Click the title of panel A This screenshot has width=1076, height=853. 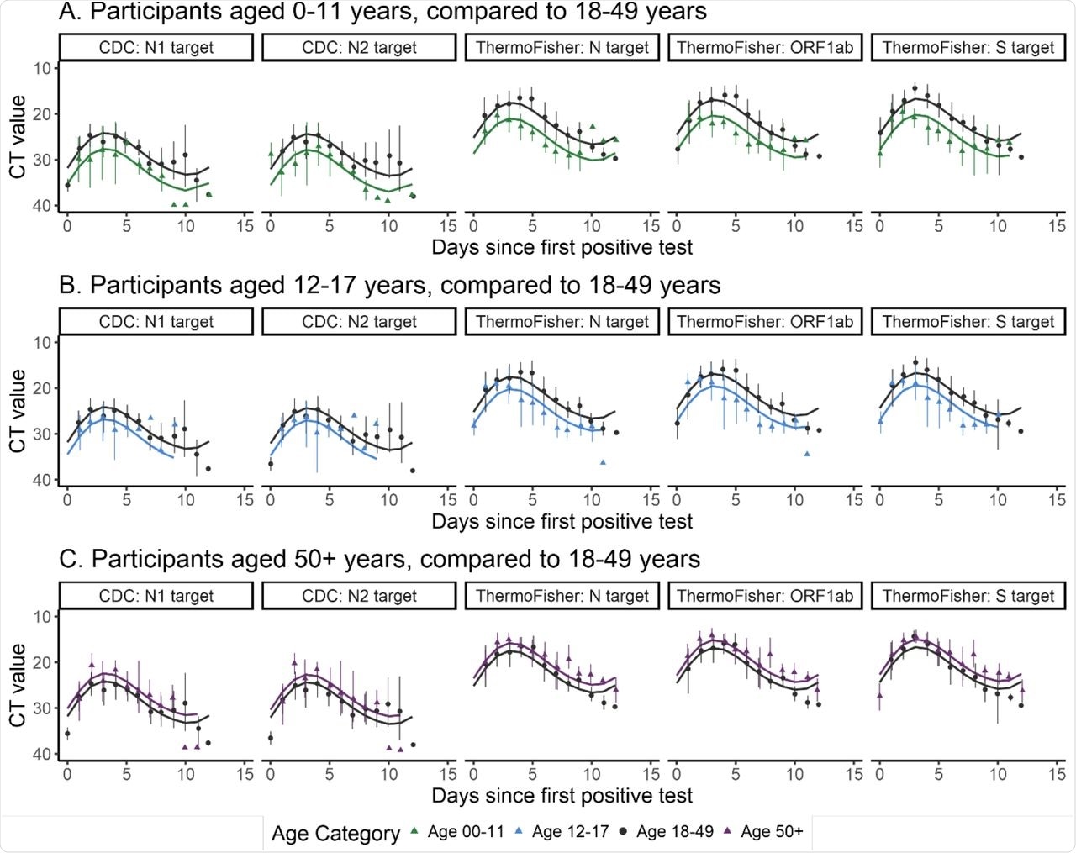(x=382, y=12)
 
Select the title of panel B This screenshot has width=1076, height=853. (x=389, y=285)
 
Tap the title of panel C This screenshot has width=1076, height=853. (x=379, y=559)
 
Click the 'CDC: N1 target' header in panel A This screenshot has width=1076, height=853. (x=156, y=48)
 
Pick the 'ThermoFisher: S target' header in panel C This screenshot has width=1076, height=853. (x=968, y=596)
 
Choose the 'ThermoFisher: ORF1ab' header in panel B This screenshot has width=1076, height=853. (x=765, y=322)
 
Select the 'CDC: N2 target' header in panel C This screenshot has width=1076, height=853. (x=359, y=596)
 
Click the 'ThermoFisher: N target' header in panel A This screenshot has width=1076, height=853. (x=562, y=48)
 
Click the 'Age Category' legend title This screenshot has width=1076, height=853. (x=335, y=834)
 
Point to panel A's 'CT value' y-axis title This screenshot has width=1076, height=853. (x=18, y=137)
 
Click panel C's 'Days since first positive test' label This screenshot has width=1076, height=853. (x=562, y=795)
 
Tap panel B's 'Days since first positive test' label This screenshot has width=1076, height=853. (x=562, y=521)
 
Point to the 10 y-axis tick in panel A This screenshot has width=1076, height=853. (x=42, y=68)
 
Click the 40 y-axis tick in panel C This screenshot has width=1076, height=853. (x=42, y=754)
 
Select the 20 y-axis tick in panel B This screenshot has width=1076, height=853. (x=42, y=388)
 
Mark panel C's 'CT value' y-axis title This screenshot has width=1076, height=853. (x=18, y=685)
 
